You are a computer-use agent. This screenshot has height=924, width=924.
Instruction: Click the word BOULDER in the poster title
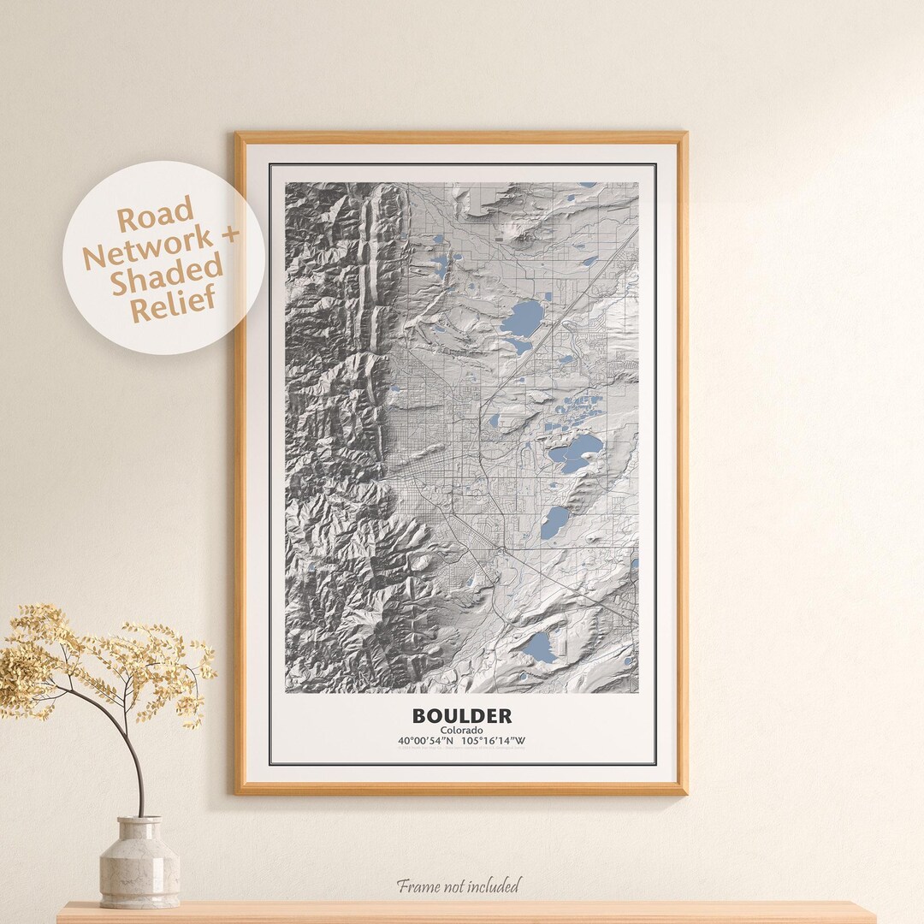461,715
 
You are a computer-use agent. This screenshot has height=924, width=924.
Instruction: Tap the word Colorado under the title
461,730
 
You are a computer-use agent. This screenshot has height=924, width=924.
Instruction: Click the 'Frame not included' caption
457,885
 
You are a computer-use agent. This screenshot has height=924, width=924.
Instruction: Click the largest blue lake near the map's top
523,319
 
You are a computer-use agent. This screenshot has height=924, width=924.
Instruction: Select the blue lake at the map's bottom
538,647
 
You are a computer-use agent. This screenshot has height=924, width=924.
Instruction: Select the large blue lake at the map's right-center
576,451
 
